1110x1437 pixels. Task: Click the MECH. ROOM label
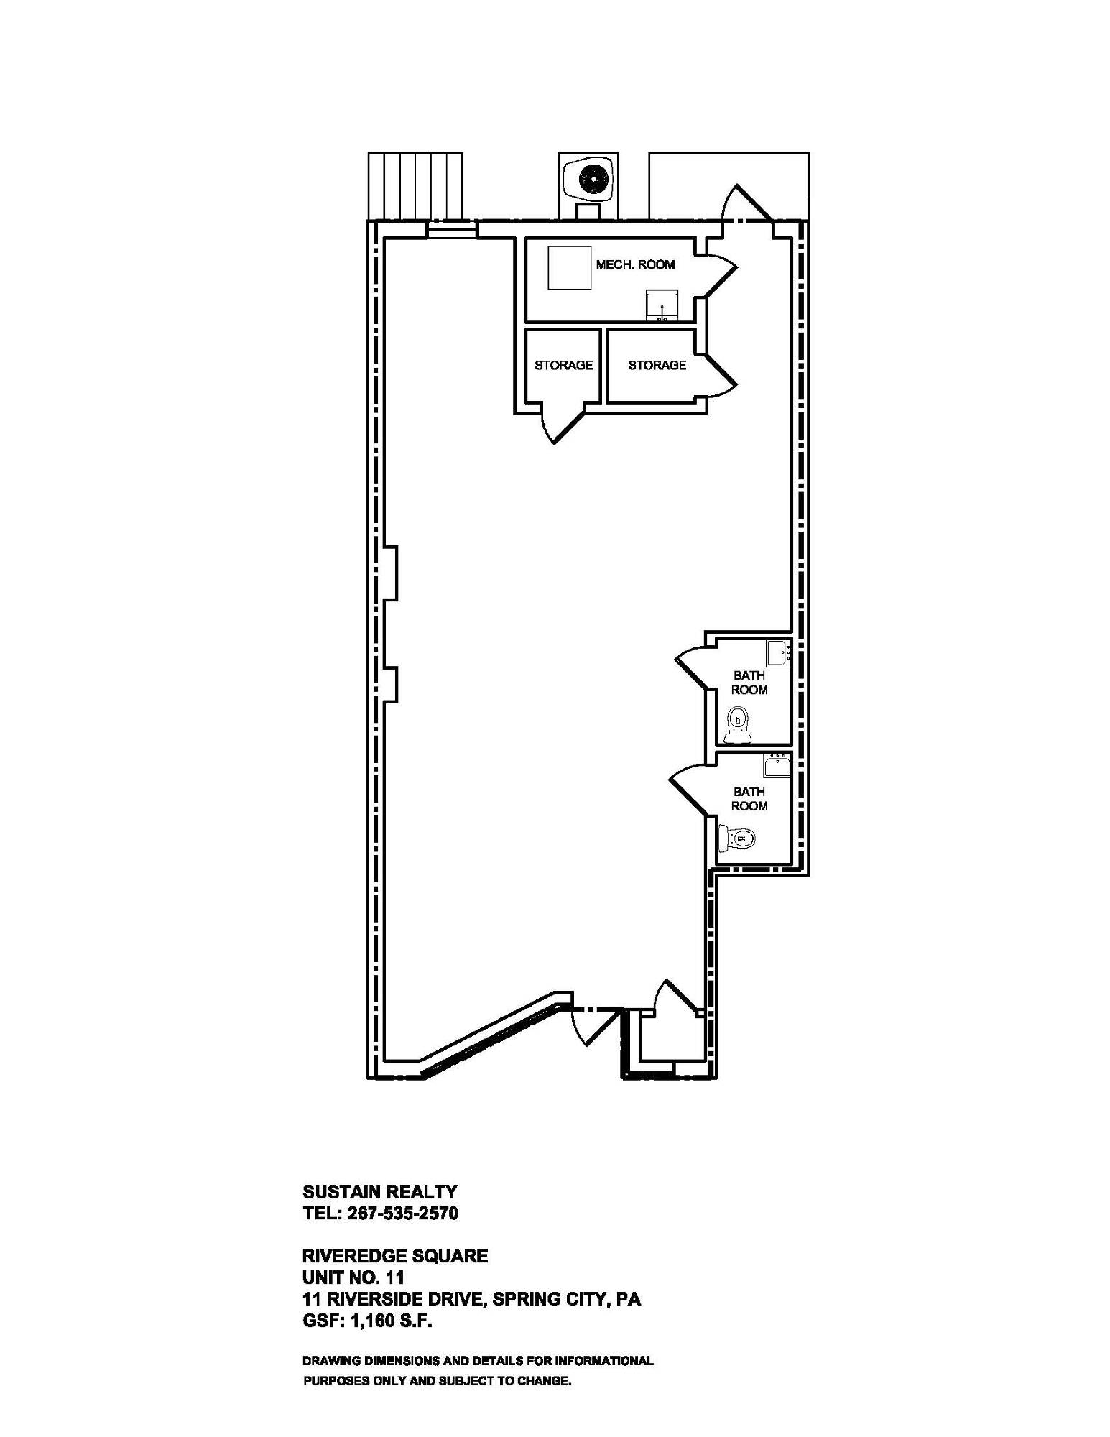(x=635, y=264)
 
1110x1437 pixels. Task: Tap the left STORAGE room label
(x=563, y=365)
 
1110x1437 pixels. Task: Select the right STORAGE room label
(x=657, y=365)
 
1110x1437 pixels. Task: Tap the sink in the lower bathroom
(x=776, y=765)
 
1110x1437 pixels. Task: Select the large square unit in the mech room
(x=570, y=268)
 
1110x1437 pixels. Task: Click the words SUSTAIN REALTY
(x=379, y=1192)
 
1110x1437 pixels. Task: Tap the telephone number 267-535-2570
(x=403, y=1214)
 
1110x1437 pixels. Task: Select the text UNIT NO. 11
(x=353, y=1277)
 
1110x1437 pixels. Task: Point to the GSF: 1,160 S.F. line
(x=367, y=1321)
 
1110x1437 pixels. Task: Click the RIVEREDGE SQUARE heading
(x=395, y=1255)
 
